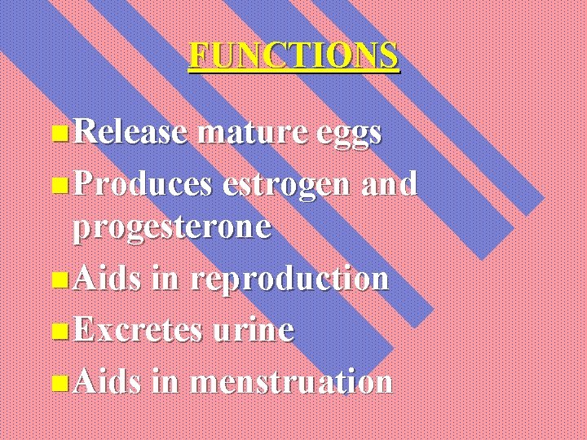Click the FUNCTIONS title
pyautogui.click(x=294, y=55)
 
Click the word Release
pyautogui.click(x=130, y=131)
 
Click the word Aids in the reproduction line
pyautogui.click(x=108, y=279)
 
